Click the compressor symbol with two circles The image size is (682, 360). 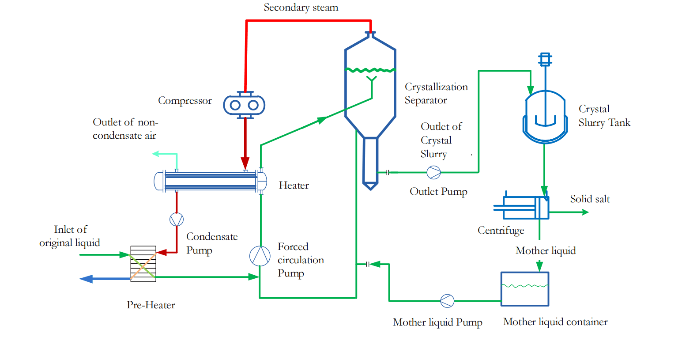(244, 105)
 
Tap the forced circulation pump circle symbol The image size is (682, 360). (260, 256)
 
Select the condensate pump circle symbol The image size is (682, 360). (177, 220)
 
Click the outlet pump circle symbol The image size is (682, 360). (433, 172)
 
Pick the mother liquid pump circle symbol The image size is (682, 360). (447, 301)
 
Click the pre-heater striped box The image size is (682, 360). (143, 264)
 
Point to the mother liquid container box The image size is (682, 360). (524, 289)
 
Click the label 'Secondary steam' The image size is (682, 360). (301, 8)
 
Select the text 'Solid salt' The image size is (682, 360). (590, 199)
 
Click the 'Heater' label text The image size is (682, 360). (294, 186)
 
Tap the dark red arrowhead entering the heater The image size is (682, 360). (245, 163)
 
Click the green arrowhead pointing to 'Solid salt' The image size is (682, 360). (585, 212)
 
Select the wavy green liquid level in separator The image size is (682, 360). (370, 70)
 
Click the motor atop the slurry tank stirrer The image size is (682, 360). (545, 59)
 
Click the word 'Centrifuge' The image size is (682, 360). (501, 231)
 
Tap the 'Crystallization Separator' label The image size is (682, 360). (436, 94)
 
